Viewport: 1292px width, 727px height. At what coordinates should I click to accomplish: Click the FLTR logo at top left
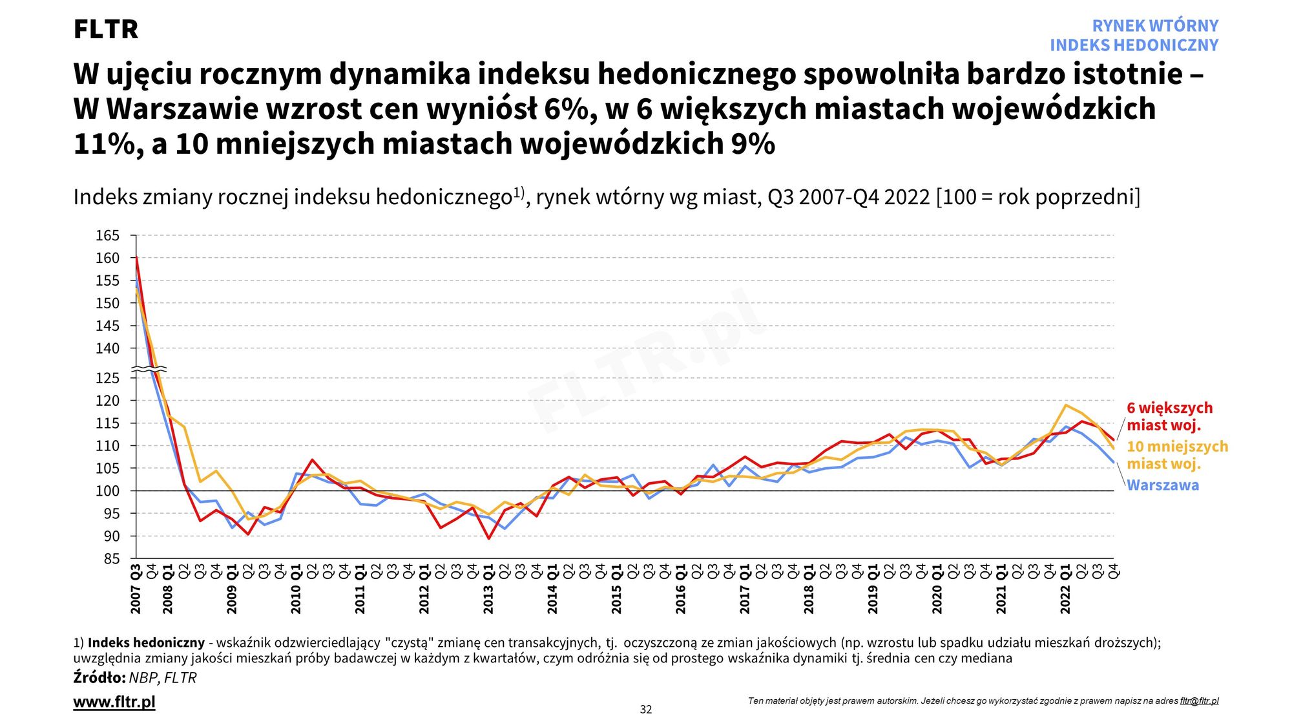click(105, 30)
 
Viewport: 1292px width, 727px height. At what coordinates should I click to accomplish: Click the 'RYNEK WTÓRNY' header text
click(1155, 26)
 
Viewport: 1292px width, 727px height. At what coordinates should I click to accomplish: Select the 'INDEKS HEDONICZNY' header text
click(1134, 45)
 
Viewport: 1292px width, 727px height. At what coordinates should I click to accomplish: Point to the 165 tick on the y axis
click(107, 236)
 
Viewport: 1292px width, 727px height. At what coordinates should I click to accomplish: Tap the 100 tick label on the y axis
click(107, 491)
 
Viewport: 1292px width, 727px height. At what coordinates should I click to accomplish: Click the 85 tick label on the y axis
click(111, 559)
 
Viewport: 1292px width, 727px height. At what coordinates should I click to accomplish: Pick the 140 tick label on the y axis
click(107, 349)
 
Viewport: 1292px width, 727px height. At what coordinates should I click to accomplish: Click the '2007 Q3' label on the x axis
click(136, 589)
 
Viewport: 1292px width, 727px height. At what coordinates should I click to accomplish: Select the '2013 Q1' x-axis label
click(488, 589)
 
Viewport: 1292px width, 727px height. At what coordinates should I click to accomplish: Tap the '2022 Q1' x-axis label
click(1065, 589)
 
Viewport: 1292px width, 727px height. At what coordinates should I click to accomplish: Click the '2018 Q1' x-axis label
click(809, 589)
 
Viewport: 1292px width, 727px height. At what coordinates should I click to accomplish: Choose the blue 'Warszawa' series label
click(1163, 485)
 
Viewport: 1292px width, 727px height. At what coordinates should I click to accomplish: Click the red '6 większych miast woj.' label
click(1169, 416)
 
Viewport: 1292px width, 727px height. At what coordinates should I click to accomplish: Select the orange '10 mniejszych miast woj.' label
click(1177, 455)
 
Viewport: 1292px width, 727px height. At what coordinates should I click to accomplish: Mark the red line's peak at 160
click(136, 258)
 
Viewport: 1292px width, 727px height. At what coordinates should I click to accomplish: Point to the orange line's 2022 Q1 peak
click(1065, 405)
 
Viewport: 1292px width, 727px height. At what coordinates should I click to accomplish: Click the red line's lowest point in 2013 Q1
click(488, 538)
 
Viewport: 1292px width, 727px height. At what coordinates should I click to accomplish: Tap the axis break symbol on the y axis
click(149, 369)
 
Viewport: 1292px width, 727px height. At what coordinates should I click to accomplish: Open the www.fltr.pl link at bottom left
click(114, 702)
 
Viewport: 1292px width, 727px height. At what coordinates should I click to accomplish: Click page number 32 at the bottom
click(646, 710)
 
